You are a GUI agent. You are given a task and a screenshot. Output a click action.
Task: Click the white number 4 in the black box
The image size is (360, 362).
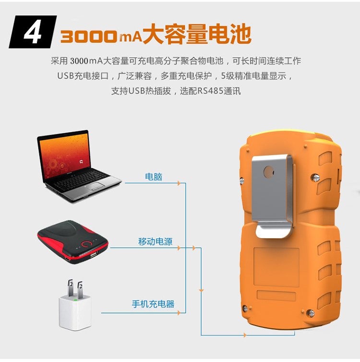pyautogui.click(x=33, y=32)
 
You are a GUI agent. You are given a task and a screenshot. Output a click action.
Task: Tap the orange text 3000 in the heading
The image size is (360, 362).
pyautogui.click(x=89, y=36)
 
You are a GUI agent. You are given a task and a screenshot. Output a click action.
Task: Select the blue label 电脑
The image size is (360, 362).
pyautogui.click(x=154, y=177)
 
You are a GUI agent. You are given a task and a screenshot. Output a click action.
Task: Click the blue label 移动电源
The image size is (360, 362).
pyautogui.click(x=156, y=241)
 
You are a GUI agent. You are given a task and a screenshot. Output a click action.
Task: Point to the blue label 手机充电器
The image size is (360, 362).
pyautogui.click(x=153, y=304)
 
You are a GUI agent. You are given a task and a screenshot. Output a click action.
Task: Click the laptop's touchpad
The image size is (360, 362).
pyautogui.click(x=97, y=186)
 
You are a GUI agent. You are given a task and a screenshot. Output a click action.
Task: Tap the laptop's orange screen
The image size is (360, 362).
pyautogui.click(x=64, y=156)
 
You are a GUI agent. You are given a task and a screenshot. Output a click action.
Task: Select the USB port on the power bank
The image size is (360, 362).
pyautogui.click(x=94, y=254)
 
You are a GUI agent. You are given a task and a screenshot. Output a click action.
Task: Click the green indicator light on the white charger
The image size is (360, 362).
pyautogui.click(x=75, y=300)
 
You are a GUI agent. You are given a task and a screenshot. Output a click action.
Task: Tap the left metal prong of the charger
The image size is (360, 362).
pyautogui.click(x=70, y=288)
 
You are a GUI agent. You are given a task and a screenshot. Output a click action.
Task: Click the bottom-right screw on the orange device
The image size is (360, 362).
pyautogui.click(x=311, y=313)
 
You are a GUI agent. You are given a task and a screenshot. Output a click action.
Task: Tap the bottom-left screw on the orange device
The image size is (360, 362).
pyautogui.click(x=245, y=308)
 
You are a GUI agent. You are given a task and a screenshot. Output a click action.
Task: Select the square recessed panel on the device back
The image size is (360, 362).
pyautogui.click(x=276, y=267)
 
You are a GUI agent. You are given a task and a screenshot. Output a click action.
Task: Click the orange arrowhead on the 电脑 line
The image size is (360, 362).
pyautogui.click(x=179, y=183)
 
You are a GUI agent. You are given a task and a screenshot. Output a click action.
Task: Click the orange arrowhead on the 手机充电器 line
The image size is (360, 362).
pyautogui.click(x=179, y=313)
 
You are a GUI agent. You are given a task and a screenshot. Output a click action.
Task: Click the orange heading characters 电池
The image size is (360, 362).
pyautogui.click(x=230, y=34)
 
